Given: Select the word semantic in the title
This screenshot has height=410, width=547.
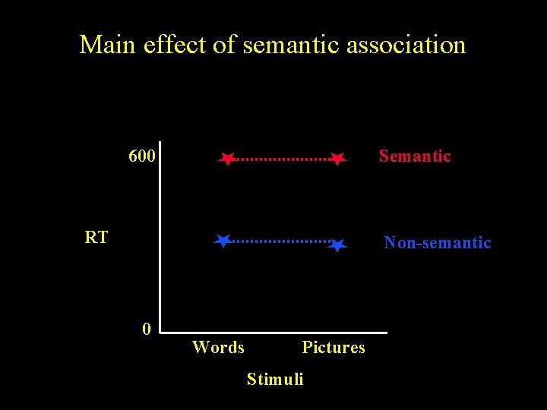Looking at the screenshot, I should point(292,45).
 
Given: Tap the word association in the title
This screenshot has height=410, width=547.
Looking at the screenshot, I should point(406,45).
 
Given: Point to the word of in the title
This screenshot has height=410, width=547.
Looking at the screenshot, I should point(224,45).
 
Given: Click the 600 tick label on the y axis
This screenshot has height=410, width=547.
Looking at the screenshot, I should point(142,157).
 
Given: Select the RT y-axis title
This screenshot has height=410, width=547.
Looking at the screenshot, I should point(96,238).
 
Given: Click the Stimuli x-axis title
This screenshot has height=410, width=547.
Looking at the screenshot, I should point(275,379).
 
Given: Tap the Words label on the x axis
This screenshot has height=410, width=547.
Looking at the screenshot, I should point(219,348).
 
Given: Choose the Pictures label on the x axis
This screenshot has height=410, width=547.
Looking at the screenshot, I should point(334,348).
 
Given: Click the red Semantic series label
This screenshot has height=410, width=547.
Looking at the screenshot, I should point(415,156).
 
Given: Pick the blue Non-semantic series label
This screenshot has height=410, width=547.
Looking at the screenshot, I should point(438,243).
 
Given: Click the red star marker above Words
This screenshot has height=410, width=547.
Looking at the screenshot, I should point(226,159).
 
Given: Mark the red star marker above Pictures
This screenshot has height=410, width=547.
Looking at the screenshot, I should point(338,159).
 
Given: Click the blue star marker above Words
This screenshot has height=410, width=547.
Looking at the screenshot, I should point(223,241).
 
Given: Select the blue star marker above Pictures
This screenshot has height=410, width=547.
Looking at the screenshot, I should point(339,244).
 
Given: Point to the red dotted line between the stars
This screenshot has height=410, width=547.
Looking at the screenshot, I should point(282,159).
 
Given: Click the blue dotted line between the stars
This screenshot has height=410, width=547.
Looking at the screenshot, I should point(280,241).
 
